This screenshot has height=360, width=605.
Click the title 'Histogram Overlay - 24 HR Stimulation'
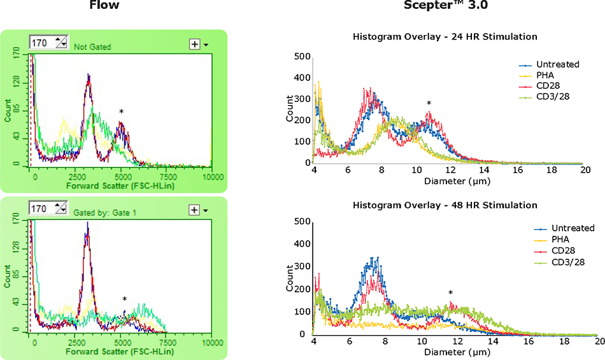pos(445,37)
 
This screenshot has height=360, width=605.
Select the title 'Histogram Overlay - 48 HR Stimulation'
pos(445,205)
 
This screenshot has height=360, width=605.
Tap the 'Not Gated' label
pos(93,47)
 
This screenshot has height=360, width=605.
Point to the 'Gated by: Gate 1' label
pos(102,210)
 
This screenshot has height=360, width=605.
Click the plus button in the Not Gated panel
pos(194,44)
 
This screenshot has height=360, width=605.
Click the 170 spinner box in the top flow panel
pos(48,43)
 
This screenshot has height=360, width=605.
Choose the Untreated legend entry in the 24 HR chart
pos(548,64)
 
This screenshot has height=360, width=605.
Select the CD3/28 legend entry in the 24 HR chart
pos(547,97)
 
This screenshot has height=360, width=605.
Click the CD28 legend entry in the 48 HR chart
pos(547,250)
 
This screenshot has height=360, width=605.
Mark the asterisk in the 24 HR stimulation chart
pos(429,104)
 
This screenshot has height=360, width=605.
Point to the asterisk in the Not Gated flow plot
pos(121,112)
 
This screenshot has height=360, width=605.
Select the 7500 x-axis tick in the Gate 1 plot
pos(167,342)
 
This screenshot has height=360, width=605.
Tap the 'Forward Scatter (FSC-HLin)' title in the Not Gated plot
pos(122,186)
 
